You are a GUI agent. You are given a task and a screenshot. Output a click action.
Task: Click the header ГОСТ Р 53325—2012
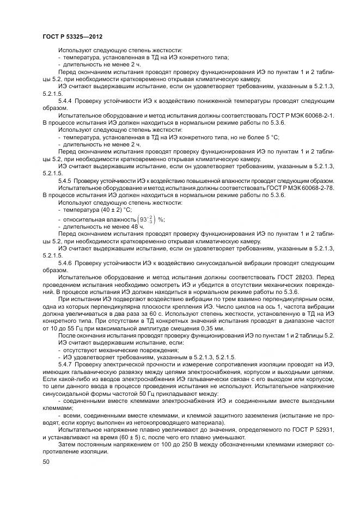click(72, 36)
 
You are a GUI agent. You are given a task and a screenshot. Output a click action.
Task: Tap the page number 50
click(46, 462)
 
